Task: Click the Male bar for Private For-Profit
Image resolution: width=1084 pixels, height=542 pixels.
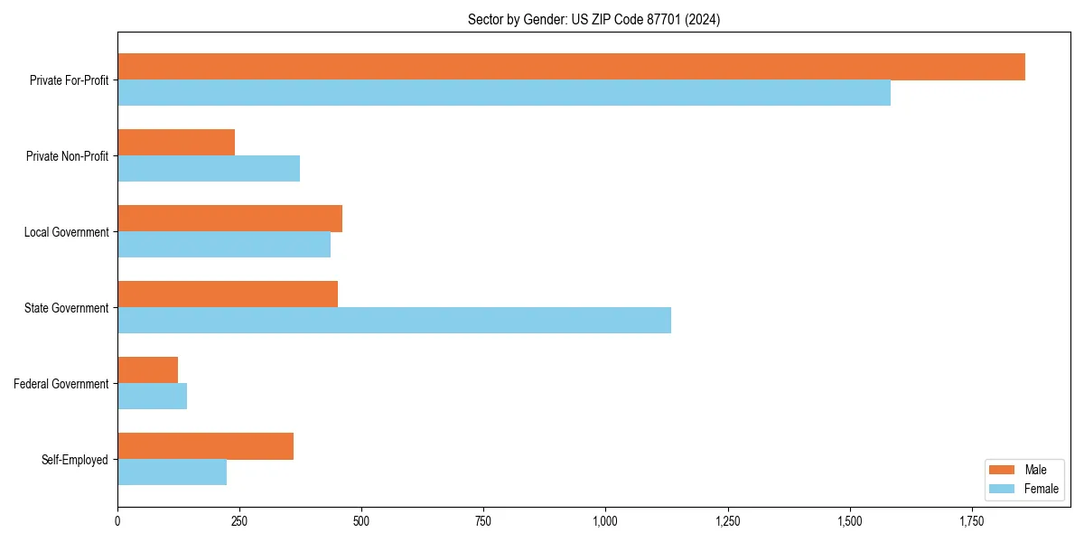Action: pos(571,67)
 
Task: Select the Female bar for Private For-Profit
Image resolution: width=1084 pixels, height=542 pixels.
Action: pos(504,93)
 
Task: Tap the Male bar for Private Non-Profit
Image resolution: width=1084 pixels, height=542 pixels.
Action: pos(176,143)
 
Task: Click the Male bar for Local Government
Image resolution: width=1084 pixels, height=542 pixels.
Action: pos(229,219)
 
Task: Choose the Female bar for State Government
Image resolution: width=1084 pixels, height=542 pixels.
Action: pos(394,321)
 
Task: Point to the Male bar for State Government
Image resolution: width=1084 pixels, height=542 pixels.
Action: pos(228,294)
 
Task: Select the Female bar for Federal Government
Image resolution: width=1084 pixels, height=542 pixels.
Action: pos(152,397)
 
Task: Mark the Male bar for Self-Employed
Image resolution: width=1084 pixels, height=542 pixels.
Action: pos(205,446)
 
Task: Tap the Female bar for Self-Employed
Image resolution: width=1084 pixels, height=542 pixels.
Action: pos(172,472)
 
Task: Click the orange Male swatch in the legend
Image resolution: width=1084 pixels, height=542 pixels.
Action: pos(1003,470)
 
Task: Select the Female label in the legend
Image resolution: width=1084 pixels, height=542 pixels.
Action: pos(1042,489)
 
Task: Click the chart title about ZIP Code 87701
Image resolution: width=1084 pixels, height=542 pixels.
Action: pos(593,19)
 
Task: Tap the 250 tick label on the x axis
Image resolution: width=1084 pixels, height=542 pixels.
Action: pos(239,521)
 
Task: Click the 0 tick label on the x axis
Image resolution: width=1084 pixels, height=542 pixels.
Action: pos(117,521)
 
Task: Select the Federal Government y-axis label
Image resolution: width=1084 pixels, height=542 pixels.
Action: pos(61,384)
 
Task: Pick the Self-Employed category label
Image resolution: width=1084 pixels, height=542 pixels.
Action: pos(75,460)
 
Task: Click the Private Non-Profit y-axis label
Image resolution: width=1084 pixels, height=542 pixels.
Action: pos(67,156)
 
